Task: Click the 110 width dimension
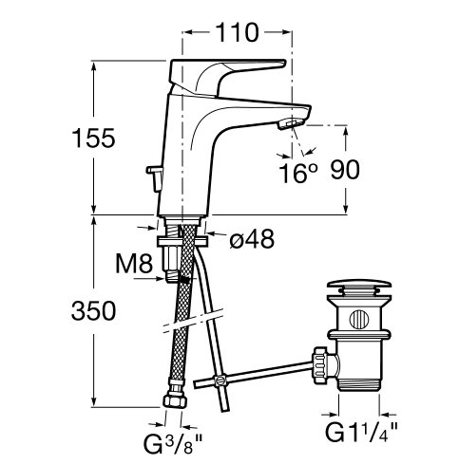point(237,32)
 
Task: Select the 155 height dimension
point(93,139)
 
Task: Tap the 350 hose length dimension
point(93,310)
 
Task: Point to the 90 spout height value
point(345,170)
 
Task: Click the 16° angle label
point(297,173)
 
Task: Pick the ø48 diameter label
point(252,239)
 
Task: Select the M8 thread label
point(134,264)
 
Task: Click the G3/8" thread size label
point(173,443)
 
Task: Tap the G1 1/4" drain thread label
point(361,432)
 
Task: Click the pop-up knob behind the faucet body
point(154,178)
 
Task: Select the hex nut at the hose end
point(175,400)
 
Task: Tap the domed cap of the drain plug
point(359,286)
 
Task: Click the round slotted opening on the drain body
point(359,319)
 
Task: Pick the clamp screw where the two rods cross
point(219,380)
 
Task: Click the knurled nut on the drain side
point(319,365)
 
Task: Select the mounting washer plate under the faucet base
point(182,241)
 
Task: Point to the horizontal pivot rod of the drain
point(255,374)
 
